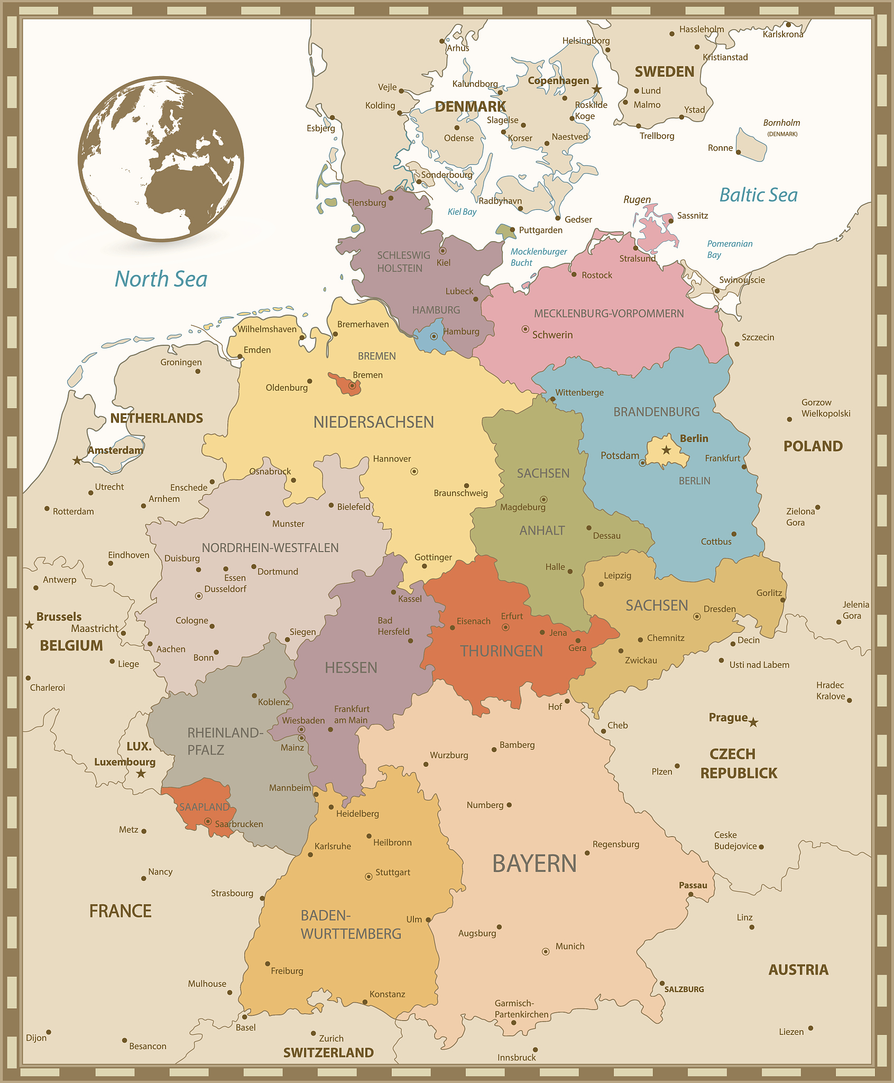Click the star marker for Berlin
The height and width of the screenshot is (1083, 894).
[x=666, y=450]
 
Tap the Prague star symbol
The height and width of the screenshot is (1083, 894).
[x=753, y=722]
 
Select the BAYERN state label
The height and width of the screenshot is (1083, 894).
[x=534, y=864]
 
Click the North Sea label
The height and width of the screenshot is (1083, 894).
[x=161, y=279]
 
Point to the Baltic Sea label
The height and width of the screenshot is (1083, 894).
[x=758, y=195]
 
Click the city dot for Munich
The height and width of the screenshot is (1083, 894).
[x=546, y=951]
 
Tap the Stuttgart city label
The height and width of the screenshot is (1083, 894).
[x=392, y=872]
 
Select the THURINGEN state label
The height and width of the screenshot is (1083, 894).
[x=501, y=651]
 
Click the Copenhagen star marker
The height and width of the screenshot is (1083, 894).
[x=596, y=89]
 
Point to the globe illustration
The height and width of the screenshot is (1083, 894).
[x=161, y=159]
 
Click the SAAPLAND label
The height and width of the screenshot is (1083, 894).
[x=204, y=807]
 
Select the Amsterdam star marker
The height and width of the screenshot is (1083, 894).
[x=77, y=460]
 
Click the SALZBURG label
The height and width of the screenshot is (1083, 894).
[x=684, y=989]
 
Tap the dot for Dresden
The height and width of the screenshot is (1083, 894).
[x=697, y=616]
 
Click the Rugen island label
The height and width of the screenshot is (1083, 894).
[x=637, y=199]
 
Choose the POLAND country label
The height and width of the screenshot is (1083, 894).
[x=813, y=446]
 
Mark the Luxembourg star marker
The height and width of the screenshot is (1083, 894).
[x=141, y=774]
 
